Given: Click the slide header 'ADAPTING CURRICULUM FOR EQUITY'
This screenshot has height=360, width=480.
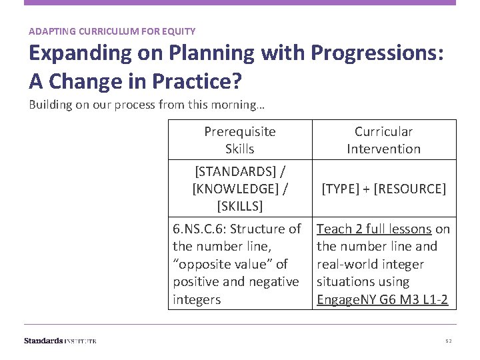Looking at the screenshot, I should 112,31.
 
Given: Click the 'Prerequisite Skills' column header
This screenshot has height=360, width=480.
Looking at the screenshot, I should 239,140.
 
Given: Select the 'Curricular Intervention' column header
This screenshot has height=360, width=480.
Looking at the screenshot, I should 383,140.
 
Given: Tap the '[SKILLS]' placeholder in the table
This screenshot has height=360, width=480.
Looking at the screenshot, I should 239,206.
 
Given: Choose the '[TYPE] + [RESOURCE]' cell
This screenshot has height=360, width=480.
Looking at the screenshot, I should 383,189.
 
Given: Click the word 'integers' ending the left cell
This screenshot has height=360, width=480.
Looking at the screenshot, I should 196,300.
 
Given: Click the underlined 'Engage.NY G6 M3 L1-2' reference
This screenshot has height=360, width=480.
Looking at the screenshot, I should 383,300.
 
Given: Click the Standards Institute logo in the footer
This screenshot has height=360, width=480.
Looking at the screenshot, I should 60,341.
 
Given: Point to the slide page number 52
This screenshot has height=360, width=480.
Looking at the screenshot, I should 449,341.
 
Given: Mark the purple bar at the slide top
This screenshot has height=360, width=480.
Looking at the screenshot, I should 240,3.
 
